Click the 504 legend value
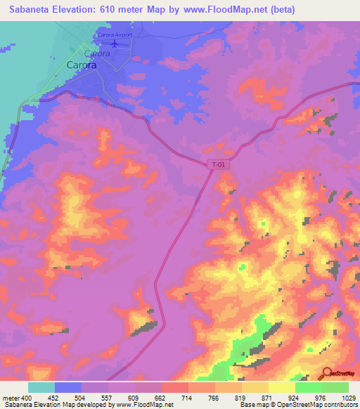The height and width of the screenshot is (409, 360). coord(81,397)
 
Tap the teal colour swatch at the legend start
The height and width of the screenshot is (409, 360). coord(41,387)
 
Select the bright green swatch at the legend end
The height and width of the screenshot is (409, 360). coord(335,387)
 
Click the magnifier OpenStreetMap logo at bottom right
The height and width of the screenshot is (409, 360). coord(328,373)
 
